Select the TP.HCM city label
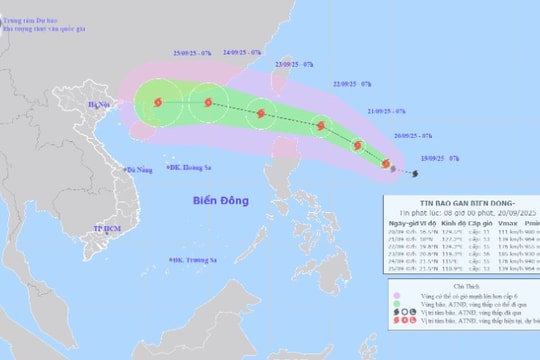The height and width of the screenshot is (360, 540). [x=106, y=229]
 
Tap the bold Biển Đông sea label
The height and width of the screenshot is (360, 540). [x=227, y=202]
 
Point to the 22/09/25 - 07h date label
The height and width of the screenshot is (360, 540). [x=352, y=84]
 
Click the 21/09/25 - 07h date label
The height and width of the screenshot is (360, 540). [x=388, y=111]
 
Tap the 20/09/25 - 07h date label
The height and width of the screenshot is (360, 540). [x=412, y=134]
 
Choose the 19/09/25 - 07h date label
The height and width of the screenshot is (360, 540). [x=440, y=159]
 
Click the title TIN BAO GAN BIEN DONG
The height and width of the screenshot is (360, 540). [x=461, y=197]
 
